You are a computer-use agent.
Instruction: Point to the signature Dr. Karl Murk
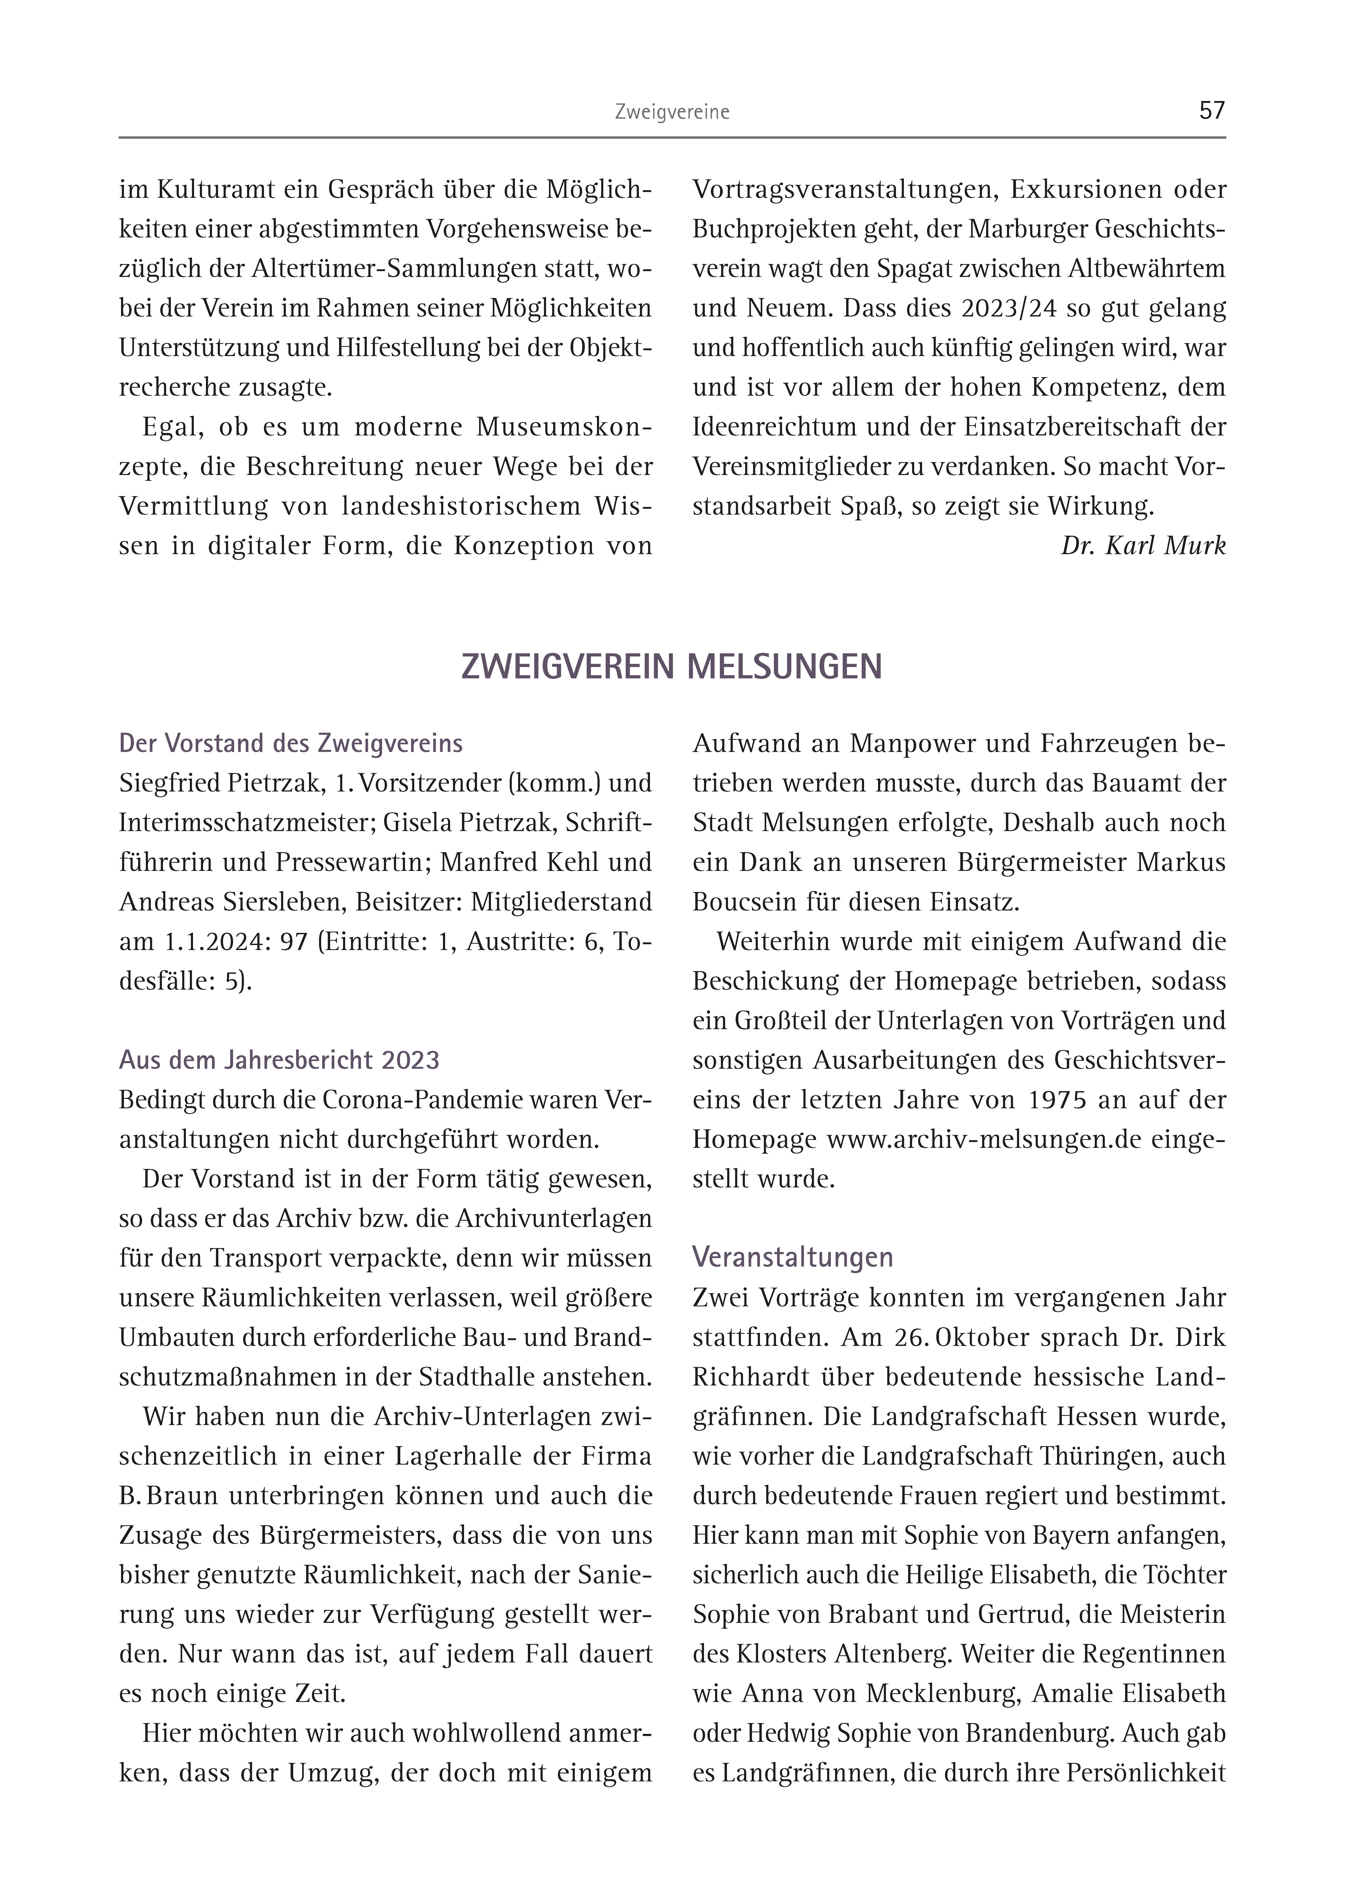pos(1143,546)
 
